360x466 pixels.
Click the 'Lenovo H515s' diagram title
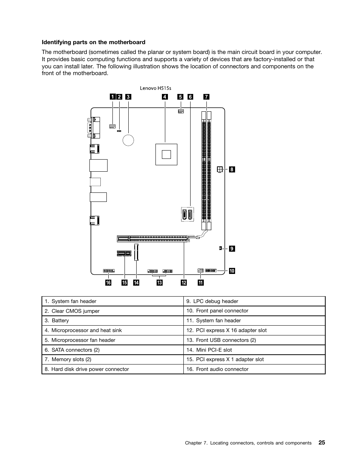(155, 88)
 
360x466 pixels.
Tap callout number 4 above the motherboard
(165, 97)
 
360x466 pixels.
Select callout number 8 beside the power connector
(232, 170)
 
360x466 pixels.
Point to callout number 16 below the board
(108, 283)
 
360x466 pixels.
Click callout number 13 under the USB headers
(160, 283)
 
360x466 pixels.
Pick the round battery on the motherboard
(128, 140)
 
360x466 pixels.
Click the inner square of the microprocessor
(166, 154)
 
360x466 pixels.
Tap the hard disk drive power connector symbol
(219, 169)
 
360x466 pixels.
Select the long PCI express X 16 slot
(152, 238)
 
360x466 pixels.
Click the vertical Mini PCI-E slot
(137, 252)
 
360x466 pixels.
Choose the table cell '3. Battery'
(112, 321)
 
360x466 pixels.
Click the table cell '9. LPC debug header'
(254, 301)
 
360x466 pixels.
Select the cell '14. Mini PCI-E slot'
(254, 350)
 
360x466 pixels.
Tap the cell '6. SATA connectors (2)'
(112, 350)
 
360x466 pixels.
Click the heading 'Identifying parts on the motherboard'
(94, 42)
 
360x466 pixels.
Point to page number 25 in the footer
(322, 443)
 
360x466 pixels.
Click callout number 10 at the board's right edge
(232, 271)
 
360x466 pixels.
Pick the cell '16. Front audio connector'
(254, 369)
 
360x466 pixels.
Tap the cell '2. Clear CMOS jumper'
(112, 311)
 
